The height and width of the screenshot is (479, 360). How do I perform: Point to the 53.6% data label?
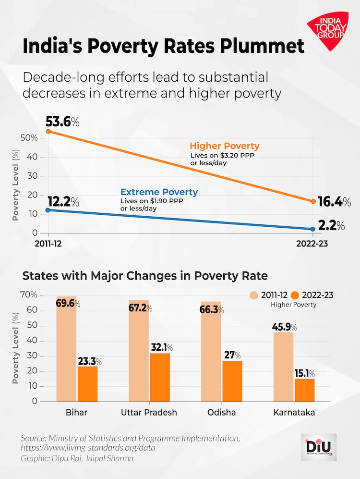(62, 122)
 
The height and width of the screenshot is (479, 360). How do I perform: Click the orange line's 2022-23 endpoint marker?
(313, 201)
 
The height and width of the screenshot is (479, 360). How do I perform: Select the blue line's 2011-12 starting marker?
(48, 210)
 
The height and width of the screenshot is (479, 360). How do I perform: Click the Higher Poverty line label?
(225, 146)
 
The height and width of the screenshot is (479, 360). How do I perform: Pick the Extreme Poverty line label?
(159, 192)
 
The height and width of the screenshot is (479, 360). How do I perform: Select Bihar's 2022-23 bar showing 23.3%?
(87, 384)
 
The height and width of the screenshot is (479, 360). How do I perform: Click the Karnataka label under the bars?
(294, 412)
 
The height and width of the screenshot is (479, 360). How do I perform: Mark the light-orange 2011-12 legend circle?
(253, 295)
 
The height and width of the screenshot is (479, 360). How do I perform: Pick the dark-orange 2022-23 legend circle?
(295, 295)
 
